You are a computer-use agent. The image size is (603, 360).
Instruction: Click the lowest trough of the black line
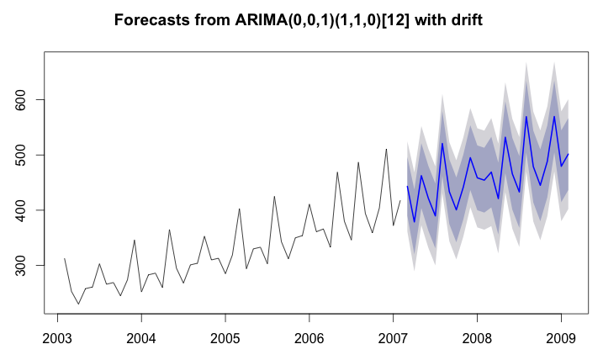click(79, 304)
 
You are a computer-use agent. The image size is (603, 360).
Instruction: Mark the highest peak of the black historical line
click(386, 149)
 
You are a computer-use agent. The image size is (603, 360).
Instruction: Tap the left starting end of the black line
click(65, 258)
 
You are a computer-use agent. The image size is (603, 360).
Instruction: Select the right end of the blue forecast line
click(568, 154)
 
